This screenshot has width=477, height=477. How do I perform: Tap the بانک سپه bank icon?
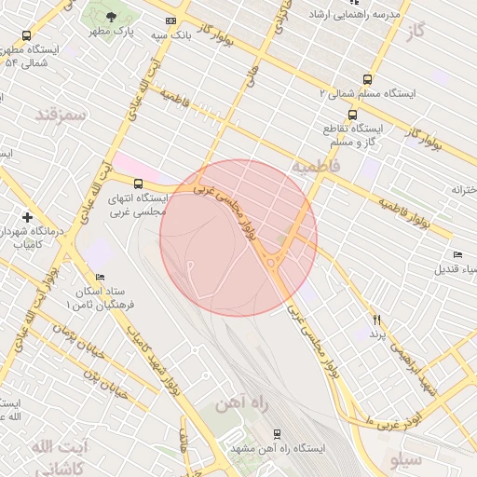click(170, 20)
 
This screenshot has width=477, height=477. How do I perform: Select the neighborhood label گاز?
click(416, 31)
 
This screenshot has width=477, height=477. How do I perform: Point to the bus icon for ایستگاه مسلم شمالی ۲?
click(367, 80)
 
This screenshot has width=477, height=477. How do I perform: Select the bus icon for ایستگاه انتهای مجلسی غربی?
click(139, 184)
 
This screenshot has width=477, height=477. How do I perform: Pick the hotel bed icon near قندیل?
click(457, 255)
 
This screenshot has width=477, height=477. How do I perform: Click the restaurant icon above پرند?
click(377, 320)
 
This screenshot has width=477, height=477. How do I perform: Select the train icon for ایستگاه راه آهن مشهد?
click(277, 434)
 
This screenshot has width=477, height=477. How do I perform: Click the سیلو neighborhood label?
click(406, 459)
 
